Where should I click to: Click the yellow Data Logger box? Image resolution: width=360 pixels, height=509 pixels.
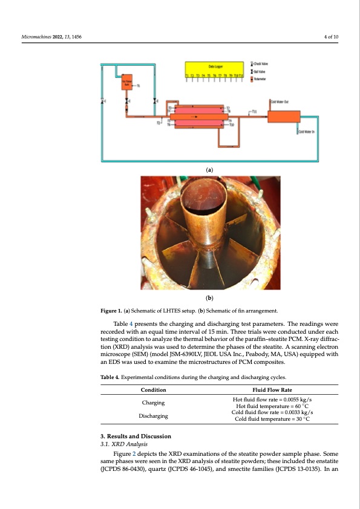(213, 69)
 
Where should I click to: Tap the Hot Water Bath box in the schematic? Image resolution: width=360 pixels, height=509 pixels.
(127, 84)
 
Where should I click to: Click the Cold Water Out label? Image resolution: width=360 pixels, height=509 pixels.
(280, 102)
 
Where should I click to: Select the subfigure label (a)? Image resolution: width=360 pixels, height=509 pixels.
(209, 170)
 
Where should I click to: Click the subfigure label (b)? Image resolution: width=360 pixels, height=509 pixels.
(209, 298)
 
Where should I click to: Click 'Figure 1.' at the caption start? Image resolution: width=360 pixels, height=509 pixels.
(113, 311)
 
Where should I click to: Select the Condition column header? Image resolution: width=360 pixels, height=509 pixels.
(154, 389)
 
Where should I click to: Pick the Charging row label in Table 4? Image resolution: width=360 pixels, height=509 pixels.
(154, 402)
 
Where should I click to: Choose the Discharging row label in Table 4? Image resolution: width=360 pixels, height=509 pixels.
(154, 416)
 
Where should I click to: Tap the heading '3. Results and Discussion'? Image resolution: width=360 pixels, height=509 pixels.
(136, 436)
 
